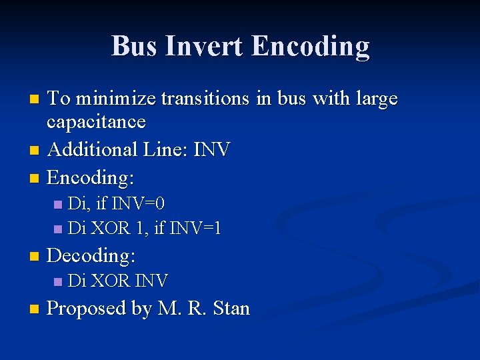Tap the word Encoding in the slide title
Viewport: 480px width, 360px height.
click(x=311, y=46)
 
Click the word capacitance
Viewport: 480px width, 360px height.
click(x=96, y=122)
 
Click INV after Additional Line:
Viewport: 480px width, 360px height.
click(x=211, y=149)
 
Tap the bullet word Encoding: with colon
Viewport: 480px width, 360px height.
click(x=91, y=177)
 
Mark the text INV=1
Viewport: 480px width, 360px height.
click(x=196, y=229)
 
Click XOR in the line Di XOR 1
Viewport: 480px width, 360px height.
click(x=110, y=229)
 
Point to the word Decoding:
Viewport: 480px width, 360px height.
click(x=91, y=255)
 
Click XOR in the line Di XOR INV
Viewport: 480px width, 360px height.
click(x=110, y=281)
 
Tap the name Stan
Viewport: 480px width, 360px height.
click(x=231, y=309)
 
